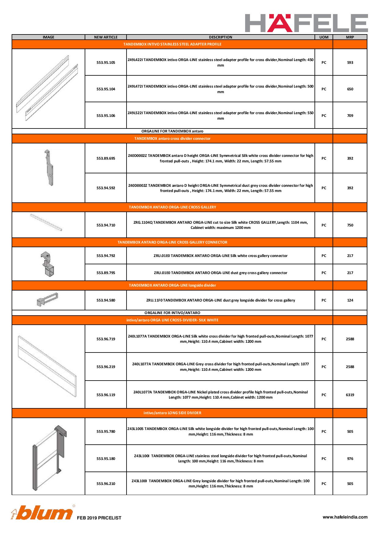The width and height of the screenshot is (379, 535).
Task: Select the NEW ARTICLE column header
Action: point(106,37)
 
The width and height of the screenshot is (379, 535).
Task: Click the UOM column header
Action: point(324,37)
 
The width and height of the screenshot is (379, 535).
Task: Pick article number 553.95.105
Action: point(106,63)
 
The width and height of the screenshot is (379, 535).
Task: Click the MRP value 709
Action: point(350,116)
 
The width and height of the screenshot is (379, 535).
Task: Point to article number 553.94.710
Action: point(106,225)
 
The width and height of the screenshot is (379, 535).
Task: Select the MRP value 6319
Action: point(350,395)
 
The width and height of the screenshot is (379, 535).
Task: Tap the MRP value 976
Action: point(350,459)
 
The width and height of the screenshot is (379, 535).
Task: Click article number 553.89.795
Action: point(106,273)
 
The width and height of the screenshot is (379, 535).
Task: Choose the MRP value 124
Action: point(350,300)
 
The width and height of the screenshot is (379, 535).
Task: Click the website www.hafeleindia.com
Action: point(345,517)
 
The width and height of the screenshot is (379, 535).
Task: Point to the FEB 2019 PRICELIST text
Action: point(99,518)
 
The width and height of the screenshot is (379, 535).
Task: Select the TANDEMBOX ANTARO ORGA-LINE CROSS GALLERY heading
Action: point(172,207)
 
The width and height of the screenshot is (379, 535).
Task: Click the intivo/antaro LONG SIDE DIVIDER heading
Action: point(172,413)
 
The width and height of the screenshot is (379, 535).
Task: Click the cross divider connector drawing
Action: point(48,168)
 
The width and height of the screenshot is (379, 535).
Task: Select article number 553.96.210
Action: point(106,484)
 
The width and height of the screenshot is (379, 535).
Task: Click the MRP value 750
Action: point(350,225)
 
